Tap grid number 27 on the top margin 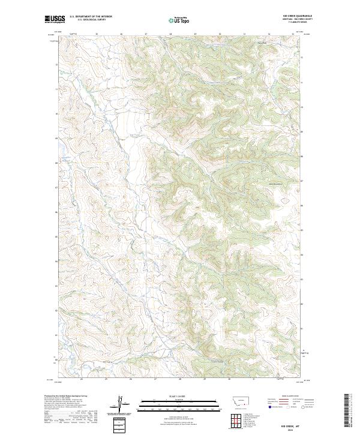146,34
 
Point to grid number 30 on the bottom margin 229,379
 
